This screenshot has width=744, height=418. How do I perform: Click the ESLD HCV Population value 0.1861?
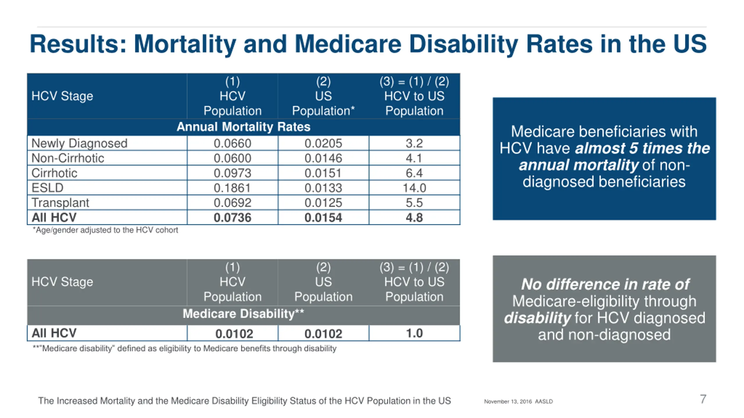pos(232,188)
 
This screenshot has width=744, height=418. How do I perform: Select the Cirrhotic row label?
pos(54,173)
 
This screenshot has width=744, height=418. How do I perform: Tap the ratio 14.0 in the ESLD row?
pos(414,188)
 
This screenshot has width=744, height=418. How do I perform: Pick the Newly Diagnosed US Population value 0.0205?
pos(323,143)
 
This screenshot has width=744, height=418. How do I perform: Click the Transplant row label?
pos(60,203)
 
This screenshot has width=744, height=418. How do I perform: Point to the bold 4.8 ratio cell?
pos(414,218)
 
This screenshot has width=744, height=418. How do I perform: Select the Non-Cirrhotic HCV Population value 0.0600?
pos(232,158)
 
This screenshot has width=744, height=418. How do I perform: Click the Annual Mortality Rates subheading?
pos(244,127)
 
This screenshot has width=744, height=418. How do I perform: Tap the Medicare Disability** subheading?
pos(244,314)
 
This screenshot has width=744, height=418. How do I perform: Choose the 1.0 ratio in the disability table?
pos(414,333)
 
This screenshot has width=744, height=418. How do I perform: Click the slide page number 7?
pos(703,399)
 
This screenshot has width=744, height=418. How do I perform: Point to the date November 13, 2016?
pos(508,401)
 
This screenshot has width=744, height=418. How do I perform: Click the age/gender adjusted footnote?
pos(105,230)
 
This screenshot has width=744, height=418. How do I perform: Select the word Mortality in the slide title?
pos(185,44)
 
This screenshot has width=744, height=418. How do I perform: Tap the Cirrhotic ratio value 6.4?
pos(414,173)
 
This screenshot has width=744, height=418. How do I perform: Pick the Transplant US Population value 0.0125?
pos(323,203)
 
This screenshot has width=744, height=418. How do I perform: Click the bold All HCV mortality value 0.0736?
pos(232,218)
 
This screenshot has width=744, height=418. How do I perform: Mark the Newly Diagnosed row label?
pos(79,143)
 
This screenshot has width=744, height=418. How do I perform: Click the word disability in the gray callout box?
pos(537,318)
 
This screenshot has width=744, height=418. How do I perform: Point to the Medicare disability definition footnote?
pos(185,348)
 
